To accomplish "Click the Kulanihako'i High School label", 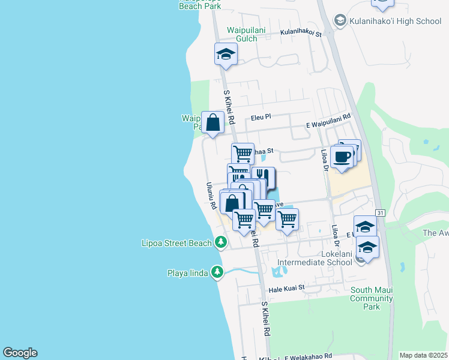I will pos(394,21).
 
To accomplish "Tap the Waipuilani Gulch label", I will pos(243,34).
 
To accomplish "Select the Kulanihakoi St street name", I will pos(301,34).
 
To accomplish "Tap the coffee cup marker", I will pos(342,157).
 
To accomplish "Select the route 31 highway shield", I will pos(381,213).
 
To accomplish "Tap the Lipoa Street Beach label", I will pos(176,243).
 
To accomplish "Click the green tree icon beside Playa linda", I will pos(217,273).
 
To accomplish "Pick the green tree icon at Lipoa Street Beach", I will pos(221,242).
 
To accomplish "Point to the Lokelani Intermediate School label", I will pos(315,258).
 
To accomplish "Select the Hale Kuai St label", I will pos(287,288).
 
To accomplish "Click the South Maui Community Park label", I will pos(372,298).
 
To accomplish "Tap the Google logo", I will pos(20,353).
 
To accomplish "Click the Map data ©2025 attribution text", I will pos(423,355).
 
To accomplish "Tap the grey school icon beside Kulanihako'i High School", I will pos(340,21).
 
